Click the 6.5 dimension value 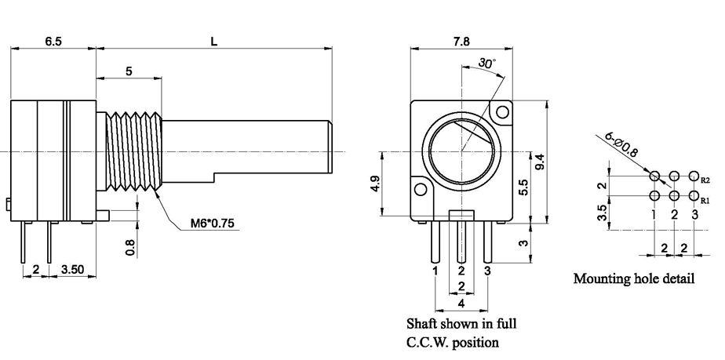pyautogui.click(x=53, y=41)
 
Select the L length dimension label pyautogui.click(x=213, y=41)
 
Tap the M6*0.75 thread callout pyautogui.click(x=212, y=224)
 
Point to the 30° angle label pyautogui.click(x=487, y=64)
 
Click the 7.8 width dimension pyautogui.click(x=462, y=41)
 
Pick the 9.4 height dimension pyautogui.click(x=540, y=161)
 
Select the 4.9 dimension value pyautogui.click(x=374, y=184)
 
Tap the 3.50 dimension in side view pyautogui.click(x=72, y=269)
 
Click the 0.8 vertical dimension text pyautogui.click(x=131, y=246)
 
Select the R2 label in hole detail pyautogui.click(x=705, y=180)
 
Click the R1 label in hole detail pyautogui.click(x=705, y=200)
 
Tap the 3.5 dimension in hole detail pyautogui.click(x=602, y=213)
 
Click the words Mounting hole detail pyautogui.click(x=633, y=278)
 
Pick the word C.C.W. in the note pyautogui.click(x=428, y=342)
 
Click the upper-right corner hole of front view pyautogui.click(x=500, y=113)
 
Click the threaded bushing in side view pyautogui.click(x=132, y=151)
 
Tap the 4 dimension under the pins pyautogui.click(x=462, y=303)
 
